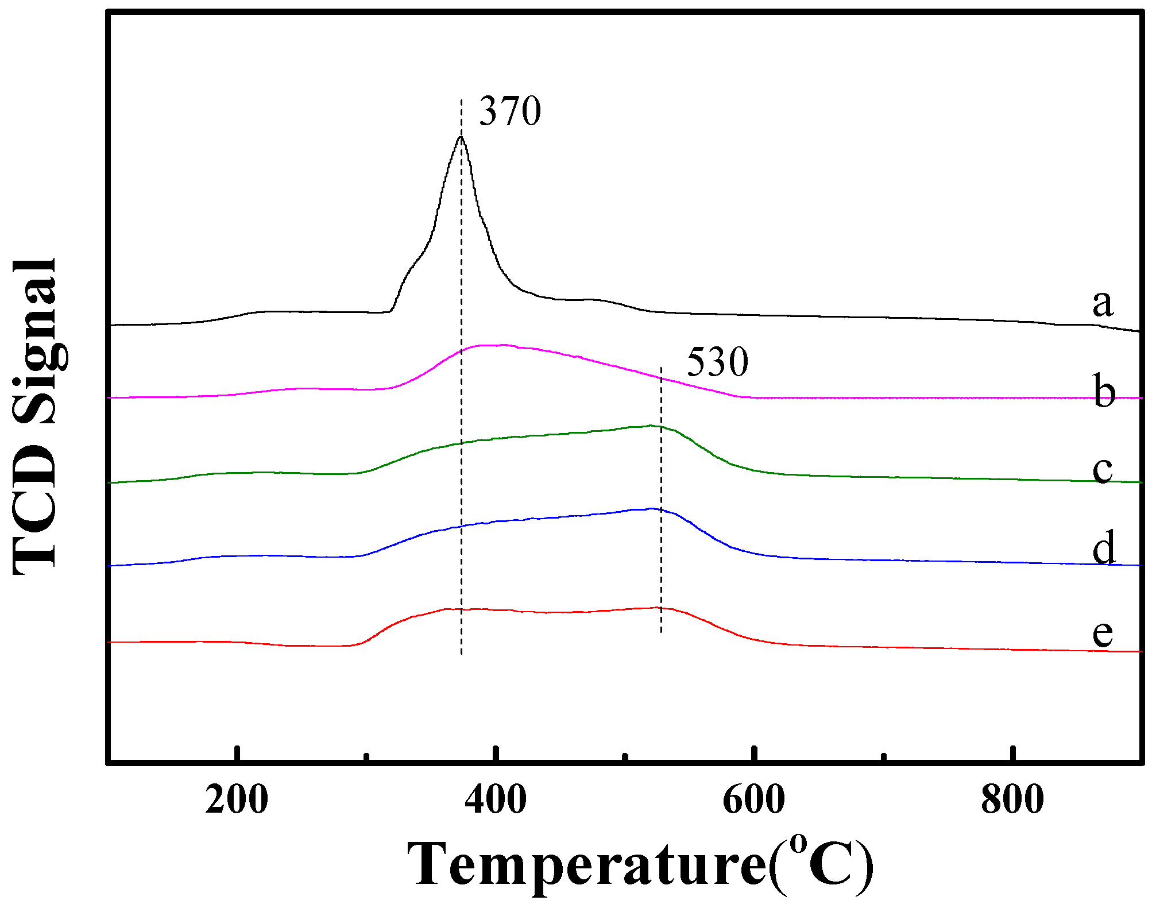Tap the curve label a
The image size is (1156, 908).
pos(1102,303)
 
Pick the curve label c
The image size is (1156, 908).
pos(1102,469)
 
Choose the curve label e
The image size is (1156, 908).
pos(1102,633)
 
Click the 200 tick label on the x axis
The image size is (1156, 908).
pos(237,799)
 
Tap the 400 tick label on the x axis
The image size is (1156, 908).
pos(495,799)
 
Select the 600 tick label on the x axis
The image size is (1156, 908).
pos(753,799)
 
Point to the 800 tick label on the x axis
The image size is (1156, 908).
pos(1012,799)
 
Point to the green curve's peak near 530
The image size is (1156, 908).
pos(651,426)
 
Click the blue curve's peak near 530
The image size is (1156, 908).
pos(651,508)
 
